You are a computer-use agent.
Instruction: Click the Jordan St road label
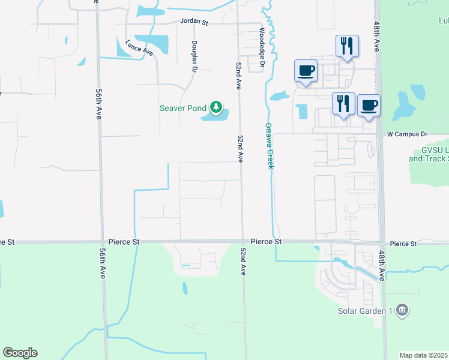click(194, 21)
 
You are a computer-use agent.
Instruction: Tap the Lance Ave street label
click(139, 48)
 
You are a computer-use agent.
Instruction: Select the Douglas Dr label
click(194, 56)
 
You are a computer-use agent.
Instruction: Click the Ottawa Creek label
click(269, 146)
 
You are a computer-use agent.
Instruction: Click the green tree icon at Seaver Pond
click(215, 109)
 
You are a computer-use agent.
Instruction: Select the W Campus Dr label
click(407, 134)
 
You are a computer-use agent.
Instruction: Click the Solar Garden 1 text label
click(364, 310)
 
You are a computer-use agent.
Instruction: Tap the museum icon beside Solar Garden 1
click(402, 310)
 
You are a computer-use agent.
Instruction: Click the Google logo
click(20, 353)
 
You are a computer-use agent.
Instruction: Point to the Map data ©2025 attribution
click(424, 355)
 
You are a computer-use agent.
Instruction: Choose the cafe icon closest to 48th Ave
click(369, 105)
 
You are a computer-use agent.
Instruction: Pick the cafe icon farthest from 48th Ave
click(306, 70)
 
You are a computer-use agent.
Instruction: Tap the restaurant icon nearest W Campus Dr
click(343, 103)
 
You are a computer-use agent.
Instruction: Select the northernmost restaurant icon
click(346, 45)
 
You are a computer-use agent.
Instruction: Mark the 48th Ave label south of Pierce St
click(381, 266)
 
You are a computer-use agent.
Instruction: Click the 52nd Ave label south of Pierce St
click(243, 260)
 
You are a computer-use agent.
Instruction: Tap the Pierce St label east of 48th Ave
click(403, 244)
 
